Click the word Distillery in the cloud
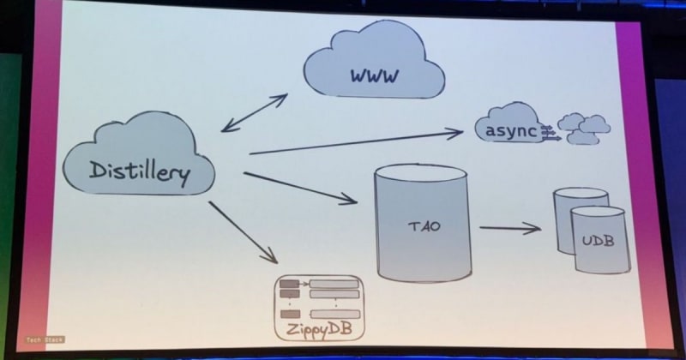[139, 171]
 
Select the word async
[511, 130]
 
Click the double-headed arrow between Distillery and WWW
[254, 112]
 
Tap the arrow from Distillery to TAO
[300, 188]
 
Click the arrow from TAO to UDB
[509, 228]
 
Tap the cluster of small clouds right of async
[584, 128]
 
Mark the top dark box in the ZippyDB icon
[289, 284]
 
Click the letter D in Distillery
[96, 170]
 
